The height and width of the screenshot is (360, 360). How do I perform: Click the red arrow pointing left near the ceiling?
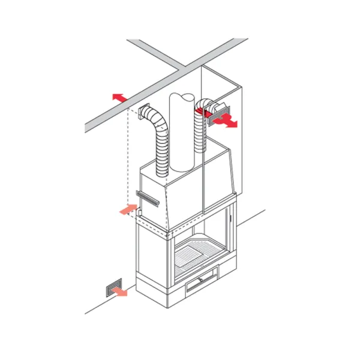coord(119,97)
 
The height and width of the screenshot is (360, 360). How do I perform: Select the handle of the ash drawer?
coord(202,279)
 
